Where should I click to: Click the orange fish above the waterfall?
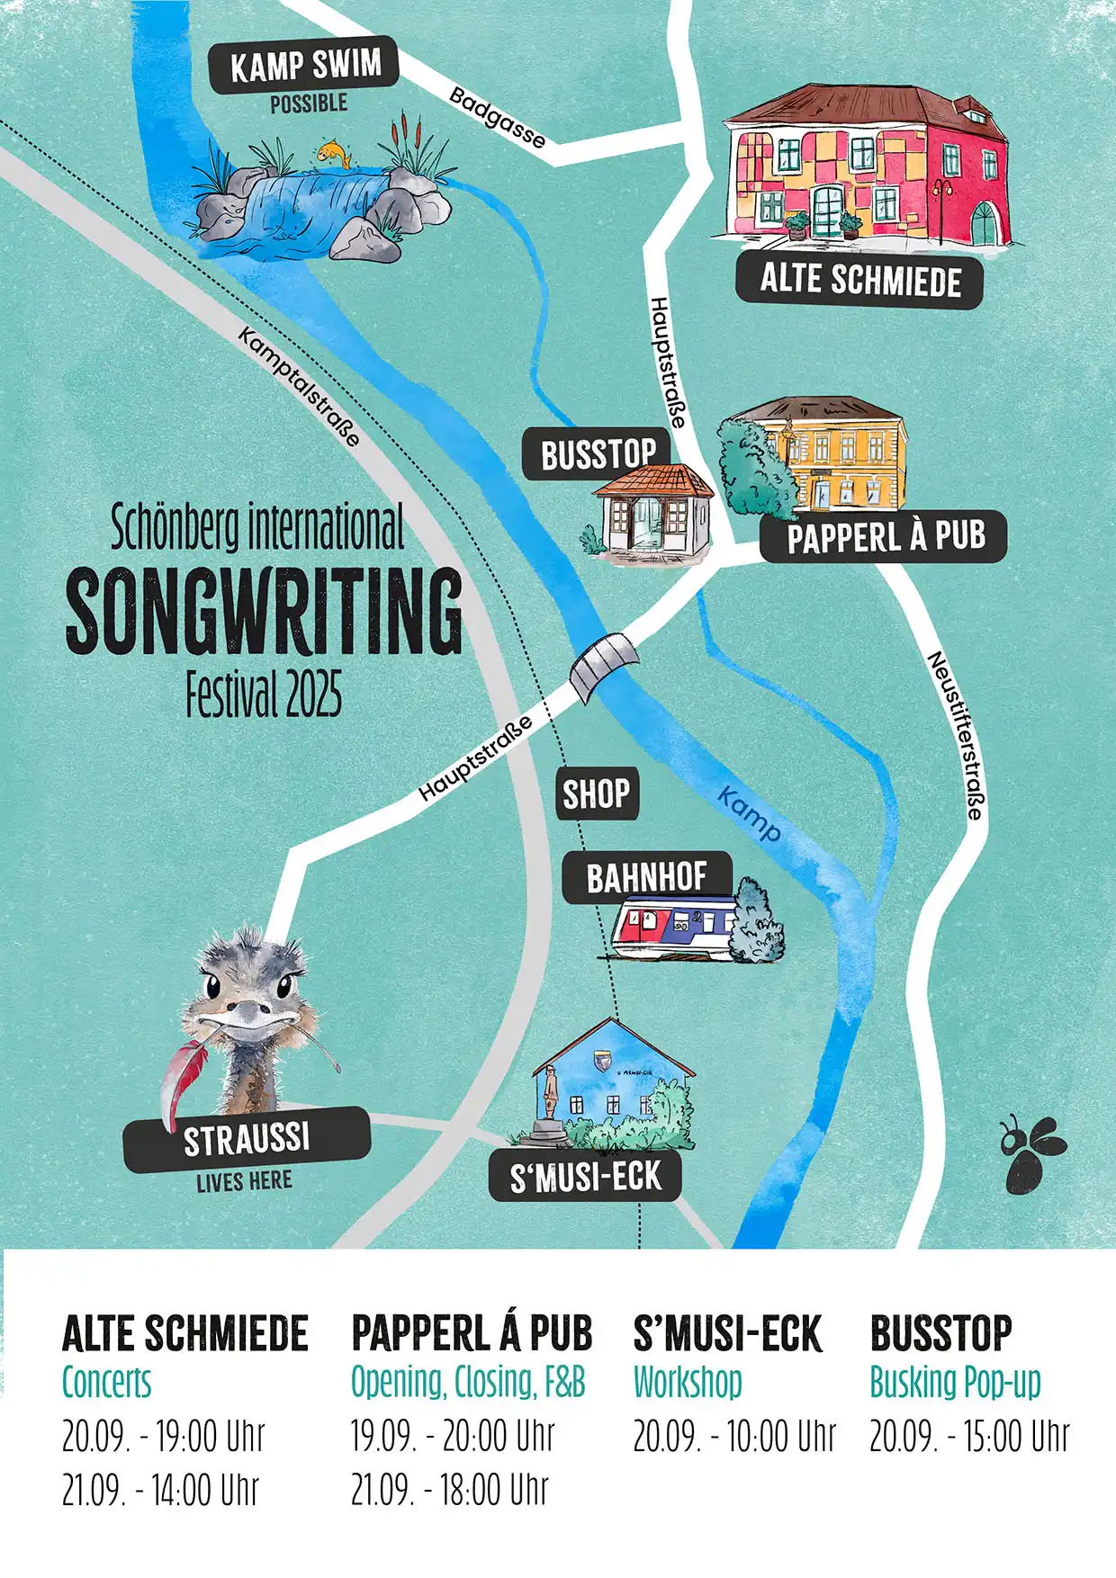tap(334, 152)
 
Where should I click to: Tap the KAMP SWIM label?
tap(304, 66)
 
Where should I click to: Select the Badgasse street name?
tap(497, 117)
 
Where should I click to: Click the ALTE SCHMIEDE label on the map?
tap(859, 280)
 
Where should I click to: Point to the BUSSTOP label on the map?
tap(598, 454)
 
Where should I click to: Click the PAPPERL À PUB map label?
tap(885, 537)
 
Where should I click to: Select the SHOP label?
tap(597, 793)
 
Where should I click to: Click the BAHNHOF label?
tap(646, 877)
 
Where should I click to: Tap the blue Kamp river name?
tap(749, 813)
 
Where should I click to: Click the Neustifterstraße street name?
tap(956, 735)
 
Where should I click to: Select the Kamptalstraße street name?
tap(300, 386)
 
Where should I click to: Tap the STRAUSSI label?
tap(246, 1138)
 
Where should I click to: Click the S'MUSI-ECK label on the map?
tap(585, 1177)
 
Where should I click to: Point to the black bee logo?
tap(1030, 1154)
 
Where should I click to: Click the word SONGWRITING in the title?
tap(264, 611)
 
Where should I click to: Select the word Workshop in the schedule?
tap(688, 1382)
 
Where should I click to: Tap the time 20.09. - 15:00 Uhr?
tap(969, 1436)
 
